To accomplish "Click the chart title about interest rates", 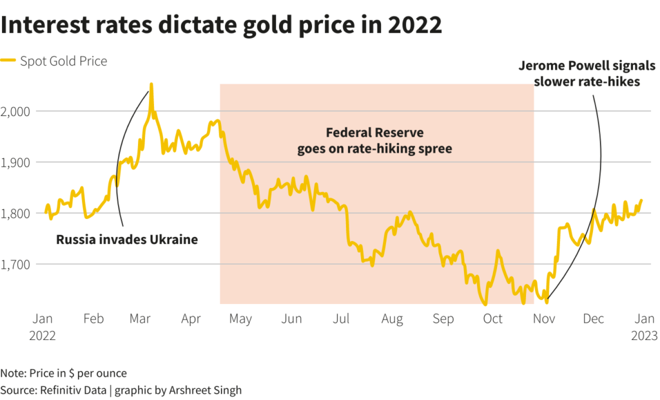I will pyautogui.click(x=222, y=26).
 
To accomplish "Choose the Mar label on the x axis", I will pyautogui.click(x=140, y=319).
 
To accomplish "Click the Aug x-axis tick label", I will pyautogui.click(x=392, y=319).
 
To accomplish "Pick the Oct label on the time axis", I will pyautogui.click(x=493, y=319).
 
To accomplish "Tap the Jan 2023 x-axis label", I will pyautogui.click(x=644, y=327).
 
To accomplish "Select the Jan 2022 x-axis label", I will pyautogui.click(x=43, y=327).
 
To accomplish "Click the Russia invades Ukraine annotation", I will pyautogui.click(x=127, y=240).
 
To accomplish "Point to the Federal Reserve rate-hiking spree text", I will pyautogui.click(x=374, y=141).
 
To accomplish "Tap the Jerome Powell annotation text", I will pyautogui.click(x=587, y=74).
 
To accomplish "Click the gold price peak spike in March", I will pyautogui.click(x=151, y=84).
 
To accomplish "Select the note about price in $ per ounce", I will pyautogui.click(x=64, y=373).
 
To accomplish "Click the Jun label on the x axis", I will pyautogui.click(x=292, y=319).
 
